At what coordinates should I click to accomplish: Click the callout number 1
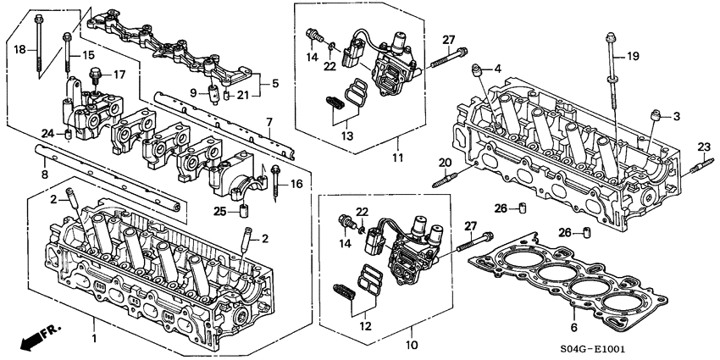point(94,340)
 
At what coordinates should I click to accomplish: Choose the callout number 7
point(269,122)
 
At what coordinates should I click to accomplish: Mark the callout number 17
point(119,75)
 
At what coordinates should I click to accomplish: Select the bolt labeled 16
point(276,186)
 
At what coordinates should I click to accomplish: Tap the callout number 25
point(219,209)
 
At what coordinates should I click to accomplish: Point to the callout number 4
point(498,68)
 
